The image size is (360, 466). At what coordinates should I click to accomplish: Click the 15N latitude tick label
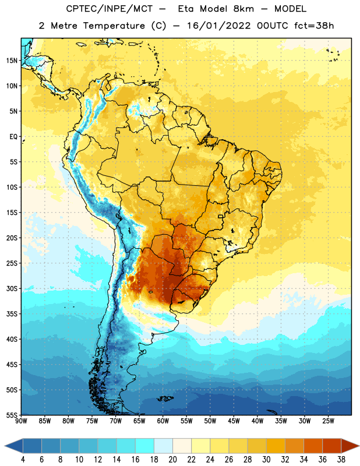[x=12, y=61]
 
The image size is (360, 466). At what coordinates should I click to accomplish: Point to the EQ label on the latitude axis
[x=13, y=137]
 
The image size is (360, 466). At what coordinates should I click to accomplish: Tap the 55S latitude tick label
[x=12, y=415]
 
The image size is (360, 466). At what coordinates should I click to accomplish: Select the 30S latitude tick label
[x=12, y=288]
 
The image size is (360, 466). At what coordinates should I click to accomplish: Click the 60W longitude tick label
[x=163, y=421]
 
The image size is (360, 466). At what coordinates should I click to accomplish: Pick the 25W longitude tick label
[x=328, y=421]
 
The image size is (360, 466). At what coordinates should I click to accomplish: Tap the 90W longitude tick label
[x=21, y=421]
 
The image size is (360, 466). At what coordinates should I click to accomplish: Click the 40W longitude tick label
[x=257, y=421]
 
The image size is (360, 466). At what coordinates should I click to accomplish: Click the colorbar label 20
[x=172, y=460]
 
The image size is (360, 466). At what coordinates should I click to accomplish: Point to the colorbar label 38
[x=341, y=460]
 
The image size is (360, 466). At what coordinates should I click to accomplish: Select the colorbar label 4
[x=23, y=460]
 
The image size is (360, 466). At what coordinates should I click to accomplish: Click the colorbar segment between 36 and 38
[x=332, y=446]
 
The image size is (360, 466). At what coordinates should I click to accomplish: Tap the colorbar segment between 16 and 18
[x=144, y=446]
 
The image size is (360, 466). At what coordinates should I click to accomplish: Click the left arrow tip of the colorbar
[x=5, y=446]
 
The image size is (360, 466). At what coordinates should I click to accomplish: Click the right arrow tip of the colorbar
[x=359, y=446]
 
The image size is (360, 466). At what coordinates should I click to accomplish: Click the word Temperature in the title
[x=114, y=26]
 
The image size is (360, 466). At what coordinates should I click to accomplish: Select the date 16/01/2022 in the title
[x=219, y=26]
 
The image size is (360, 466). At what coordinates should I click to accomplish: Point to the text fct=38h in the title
[x=314, y=26]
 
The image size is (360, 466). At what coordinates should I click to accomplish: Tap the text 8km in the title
[x=243, y=9]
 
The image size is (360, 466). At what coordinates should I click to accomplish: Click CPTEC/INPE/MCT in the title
[x=110, y=9]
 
